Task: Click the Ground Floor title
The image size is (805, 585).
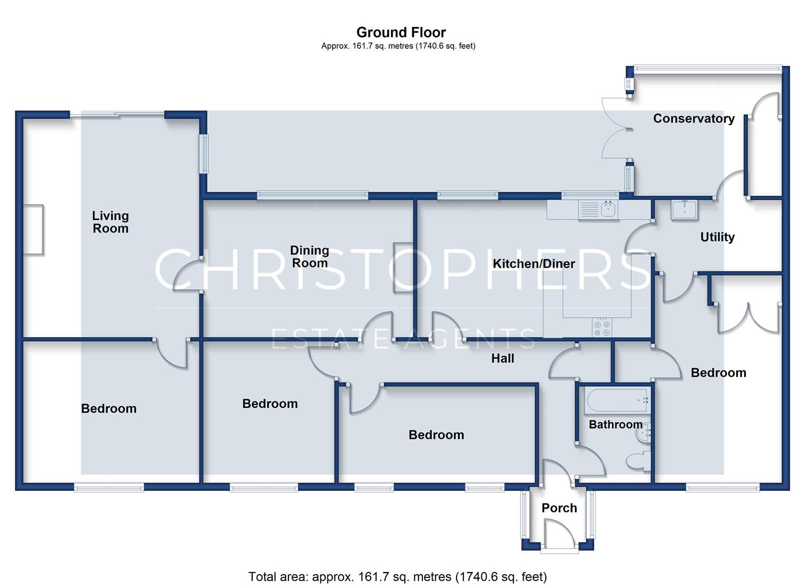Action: (x=401, y=32)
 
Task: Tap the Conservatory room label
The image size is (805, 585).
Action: (x=694, y=119)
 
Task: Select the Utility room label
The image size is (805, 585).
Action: (x=717, y=237)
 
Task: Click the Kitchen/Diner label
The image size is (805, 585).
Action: (x=533, y=264)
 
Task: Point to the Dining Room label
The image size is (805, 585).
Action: (x=310, y=256)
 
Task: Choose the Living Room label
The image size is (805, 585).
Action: (x=111, y=222)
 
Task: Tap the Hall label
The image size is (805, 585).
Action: (x=503, y=358)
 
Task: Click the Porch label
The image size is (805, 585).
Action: (x=559, y=508)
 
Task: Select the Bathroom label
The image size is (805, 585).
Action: (x=615, y=425)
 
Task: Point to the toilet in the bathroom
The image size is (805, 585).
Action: (x=638, y=462)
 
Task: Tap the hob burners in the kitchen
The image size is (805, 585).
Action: (x=602, y=328)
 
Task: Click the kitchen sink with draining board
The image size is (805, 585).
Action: (x=598, y=210)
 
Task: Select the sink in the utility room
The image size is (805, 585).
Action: (x=684, y=210)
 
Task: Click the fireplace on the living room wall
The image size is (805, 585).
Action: (x=34, y=230)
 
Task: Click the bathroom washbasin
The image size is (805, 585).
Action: (x=643, y=433)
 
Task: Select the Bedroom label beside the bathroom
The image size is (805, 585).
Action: (x=718, y=373)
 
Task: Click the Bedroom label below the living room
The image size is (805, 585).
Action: (x=108, y=408)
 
